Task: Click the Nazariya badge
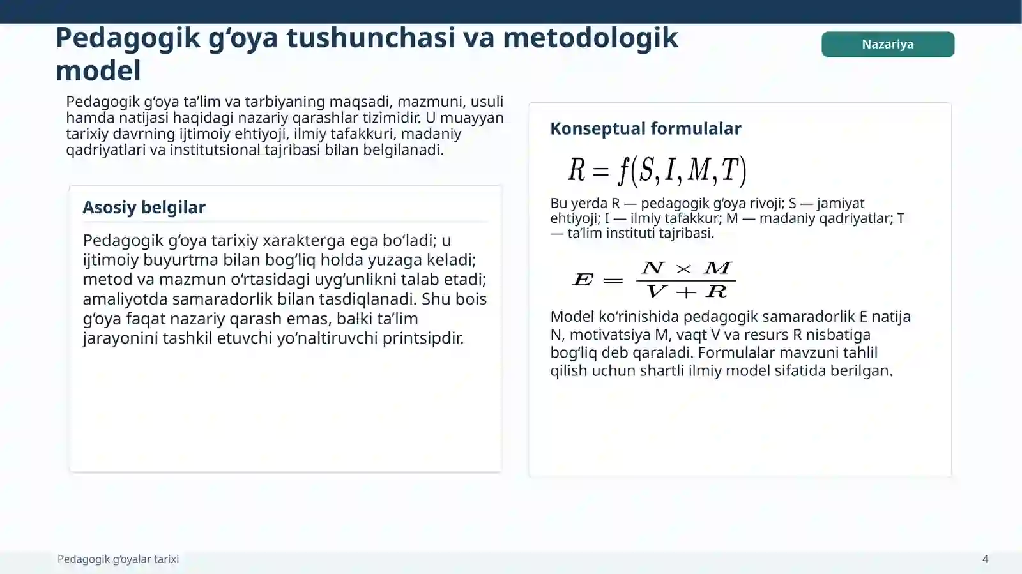pyautogui.click(x=887, y=44)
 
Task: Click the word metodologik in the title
pyautogui.click(x=590, y=38)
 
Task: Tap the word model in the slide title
pyautogui.click(x=98, y=71)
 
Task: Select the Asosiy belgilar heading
pyautogui.click(x=144, y=208)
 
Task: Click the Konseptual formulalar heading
pyautogui.click(x=645, y=128)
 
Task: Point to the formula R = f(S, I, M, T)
pyautogui.click(x=657, y=170)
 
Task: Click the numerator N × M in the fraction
pyautogui.click(x=685, y=268)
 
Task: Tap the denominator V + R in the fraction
pyautogui.click(x=686, y=292)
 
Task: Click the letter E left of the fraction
pyautogui.click(x=583, y=280)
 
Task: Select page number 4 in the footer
pyautogui.click(x=985, y=559)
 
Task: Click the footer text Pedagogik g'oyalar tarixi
pyautogui.click(x=118, y=559)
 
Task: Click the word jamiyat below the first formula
pyautogui.click(x=840, y=203)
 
